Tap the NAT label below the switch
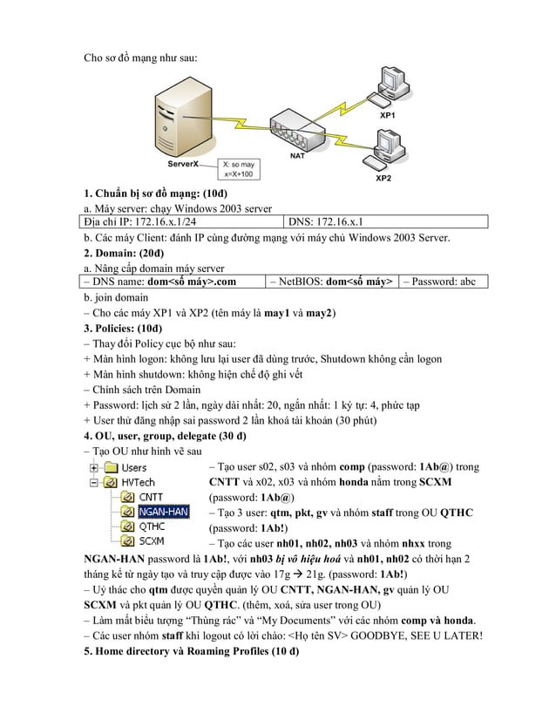[296, 156]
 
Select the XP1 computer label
[386, 115]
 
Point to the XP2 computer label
[383, 178]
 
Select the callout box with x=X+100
[239, 168]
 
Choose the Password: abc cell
[444, 282]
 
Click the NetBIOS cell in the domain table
[331, 282]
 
